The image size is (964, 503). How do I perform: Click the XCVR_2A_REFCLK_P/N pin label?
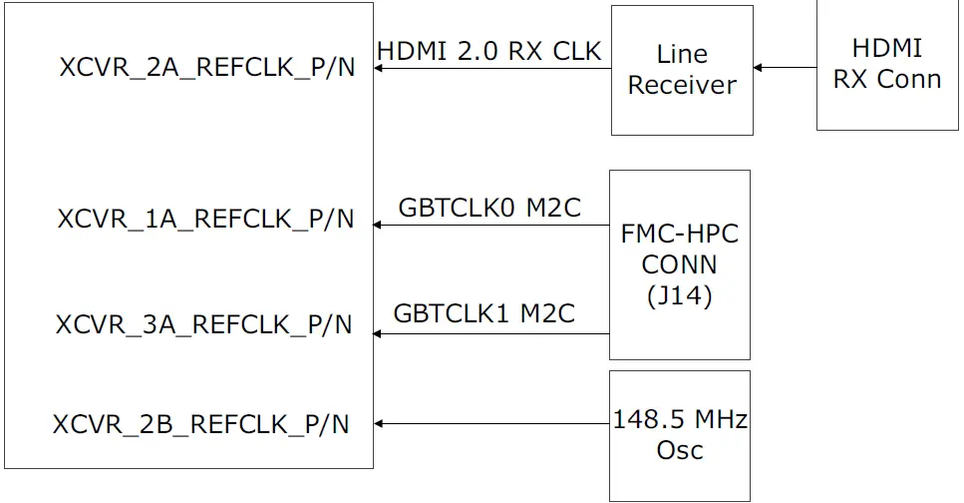(x=206, y=68)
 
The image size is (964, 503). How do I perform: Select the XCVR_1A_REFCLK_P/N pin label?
(x=205, y=220)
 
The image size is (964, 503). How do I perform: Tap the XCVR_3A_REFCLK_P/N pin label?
(x=203, y=324)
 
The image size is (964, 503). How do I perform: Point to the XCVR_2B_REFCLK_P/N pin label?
(x=201, y=424)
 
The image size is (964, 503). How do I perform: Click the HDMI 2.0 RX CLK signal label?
(x=489, y=51)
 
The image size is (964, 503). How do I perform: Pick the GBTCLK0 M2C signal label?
(x=489, y=208)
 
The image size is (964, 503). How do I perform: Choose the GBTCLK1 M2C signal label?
(x=484, y=313)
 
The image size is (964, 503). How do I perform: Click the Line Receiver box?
(x=682, y=70)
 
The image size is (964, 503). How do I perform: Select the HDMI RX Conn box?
(x=887, y=64)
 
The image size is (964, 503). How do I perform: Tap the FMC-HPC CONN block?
(x=679, y=264)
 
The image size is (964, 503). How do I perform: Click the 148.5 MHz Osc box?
(x=679, y=435)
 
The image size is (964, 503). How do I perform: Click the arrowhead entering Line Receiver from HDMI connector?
(x=759, y=68)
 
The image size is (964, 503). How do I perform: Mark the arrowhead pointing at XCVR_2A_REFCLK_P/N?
(x=379, y=68)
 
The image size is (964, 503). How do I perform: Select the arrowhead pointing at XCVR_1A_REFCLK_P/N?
(x=379, y=225)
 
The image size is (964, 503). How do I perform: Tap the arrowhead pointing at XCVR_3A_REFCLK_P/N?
(x=379, y=333)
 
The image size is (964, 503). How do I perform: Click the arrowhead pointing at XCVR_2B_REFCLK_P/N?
(x=379, y=424)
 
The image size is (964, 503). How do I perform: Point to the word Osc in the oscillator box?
(x=679, y=450)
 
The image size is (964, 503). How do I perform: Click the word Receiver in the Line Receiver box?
(x=682, y=86)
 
